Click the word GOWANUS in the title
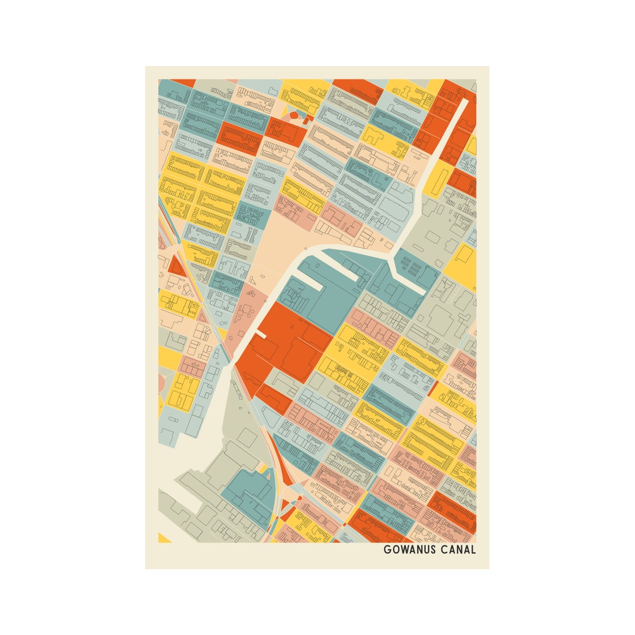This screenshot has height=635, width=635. click(409, 550)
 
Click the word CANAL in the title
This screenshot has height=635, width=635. click(458, 550)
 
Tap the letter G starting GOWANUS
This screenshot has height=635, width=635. click(387, 550)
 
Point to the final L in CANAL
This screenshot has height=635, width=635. click(473, 550)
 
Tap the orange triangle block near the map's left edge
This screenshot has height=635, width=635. click(176, 268)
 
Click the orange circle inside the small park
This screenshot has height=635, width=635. click(293, 115)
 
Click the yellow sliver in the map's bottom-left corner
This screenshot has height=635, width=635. click(164, 538)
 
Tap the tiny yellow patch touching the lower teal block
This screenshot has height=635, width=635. click(263, 469)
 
